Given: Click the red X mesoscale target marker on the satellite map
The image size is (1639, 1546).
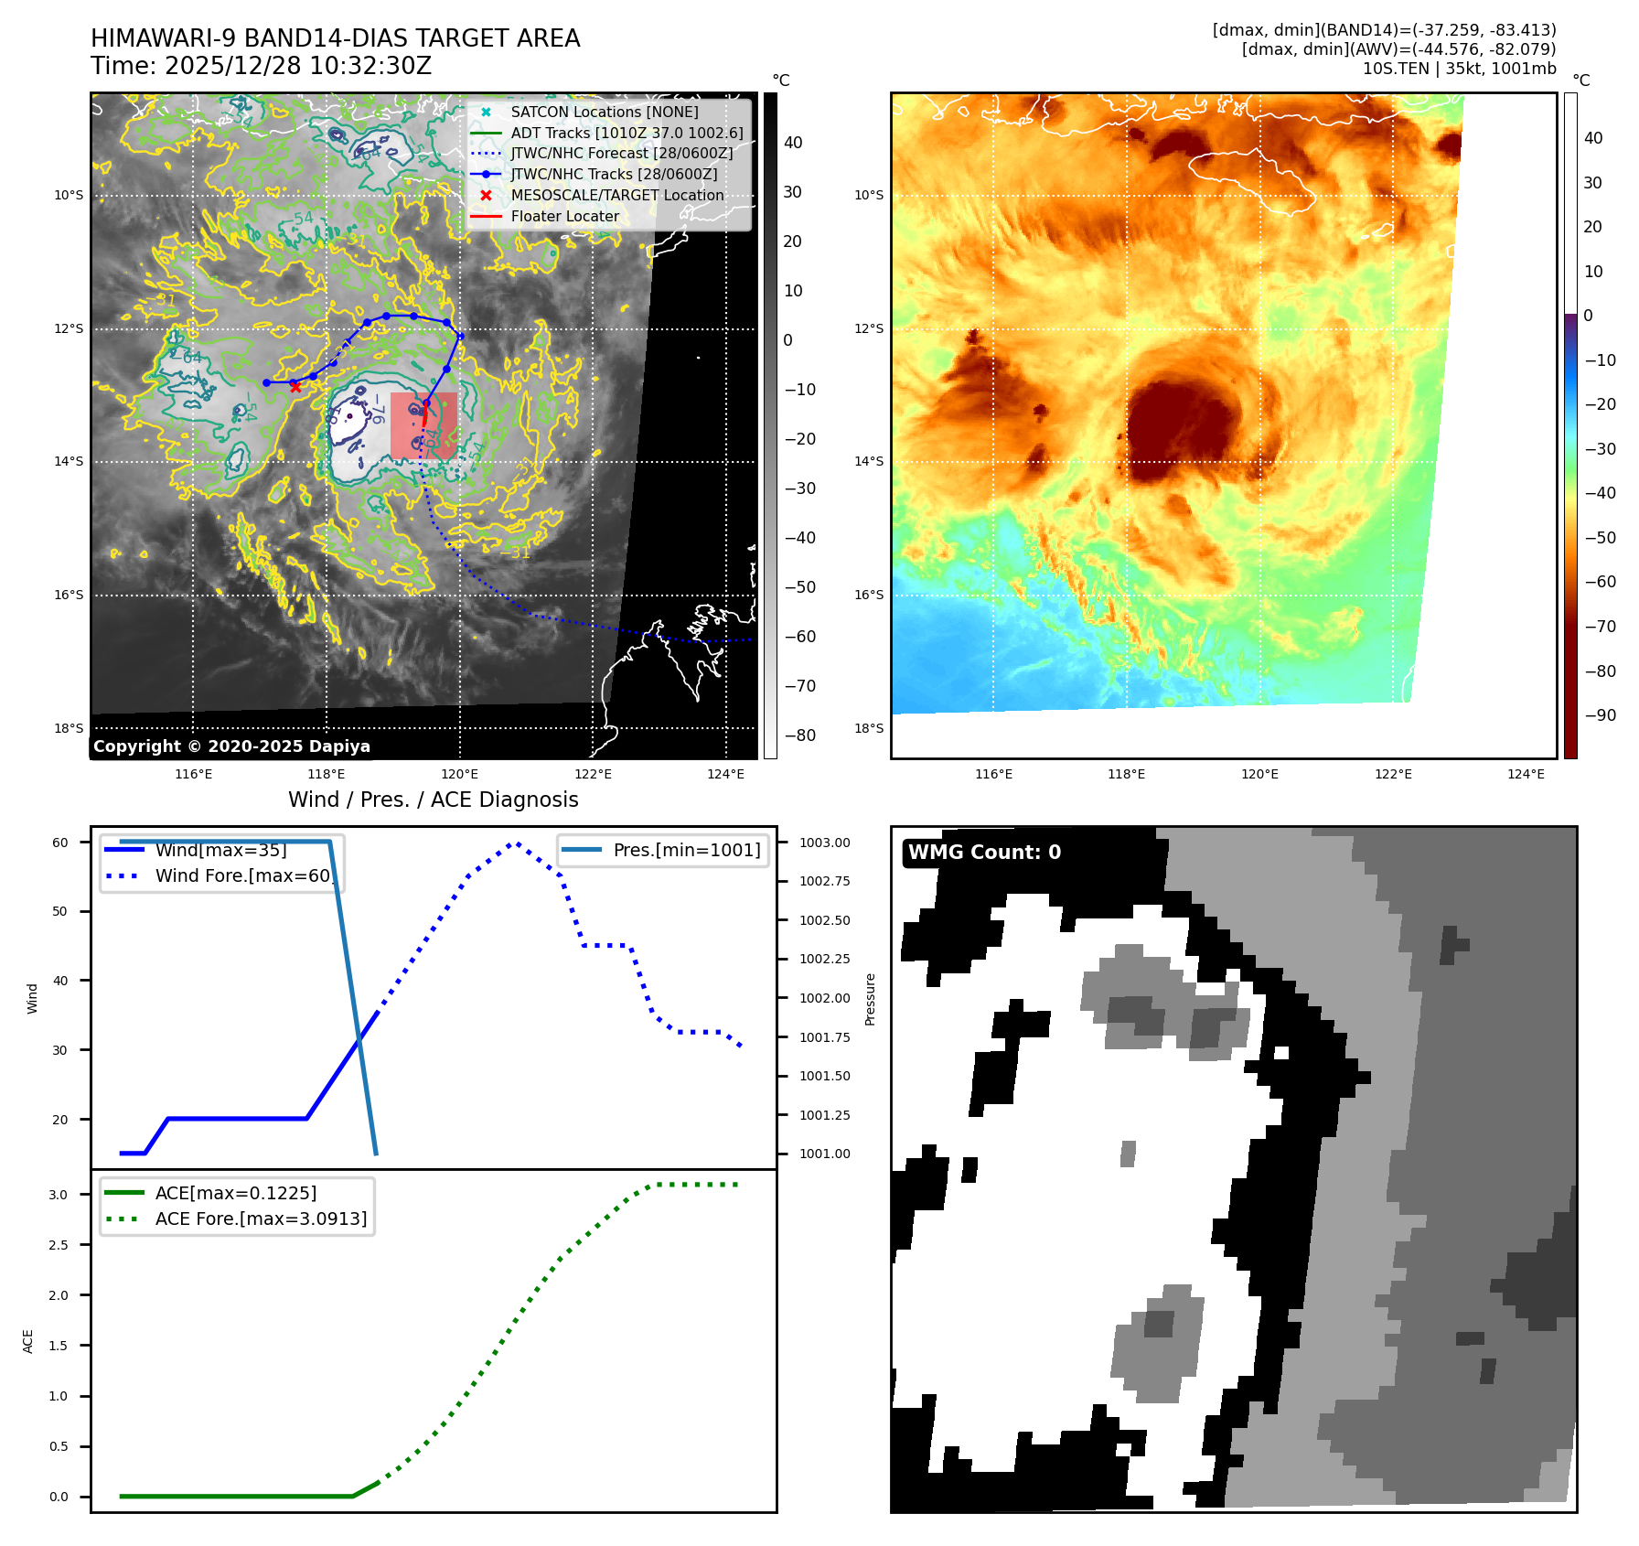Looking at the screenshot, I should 295,387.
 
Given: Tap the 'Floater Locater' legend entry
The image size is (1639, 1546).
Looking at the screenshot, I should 564,217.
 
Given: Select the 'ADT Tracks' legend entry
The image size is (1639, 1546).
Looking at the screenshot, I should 627,133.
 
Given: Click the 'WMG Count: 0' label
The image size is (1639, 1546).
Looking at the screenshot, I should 984,853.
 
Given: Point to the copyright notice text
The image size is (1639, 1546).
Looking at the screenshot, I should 231,746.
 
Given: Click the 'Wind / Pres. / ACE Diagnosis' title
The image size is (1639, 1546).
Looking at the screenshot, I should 433,800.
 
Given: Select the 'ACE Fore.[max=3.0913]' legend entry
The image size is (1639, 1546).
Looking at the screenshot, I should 261,1219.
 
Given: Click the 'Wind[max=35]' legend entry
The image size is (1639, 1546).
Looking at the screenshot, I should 220,850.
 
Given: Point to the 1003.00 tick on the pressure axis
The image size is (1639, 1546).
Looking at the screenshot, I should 824,843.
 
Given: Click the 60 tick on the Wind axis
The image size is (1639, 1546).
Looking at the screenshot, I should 59,843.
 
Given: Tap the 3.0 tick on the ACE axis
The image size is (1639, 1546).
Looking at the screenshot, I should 59,1195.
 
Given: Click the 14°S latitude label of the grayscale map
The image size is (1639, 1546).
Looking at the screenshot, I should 69,462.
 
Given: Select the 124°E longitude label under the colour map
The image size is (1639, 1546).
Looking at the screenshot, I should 1526,774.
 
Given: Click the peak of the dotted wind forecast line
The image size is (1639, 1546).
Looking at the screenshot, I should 516,843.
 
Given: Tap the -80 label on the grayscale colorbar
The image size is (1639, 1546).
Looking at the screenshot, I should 800,735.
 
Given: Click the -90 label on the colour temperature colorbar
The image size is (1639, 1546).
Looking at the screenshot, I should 1600,715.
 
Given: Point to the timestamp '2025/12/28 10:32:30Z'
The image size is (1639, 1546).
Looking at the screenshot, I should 298,66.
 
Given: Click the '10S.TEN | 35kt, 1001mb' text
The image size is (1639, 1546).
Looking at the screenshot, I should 1459,69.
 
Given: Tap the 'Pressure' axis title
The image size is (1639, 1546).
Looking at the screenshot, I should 870,999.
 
